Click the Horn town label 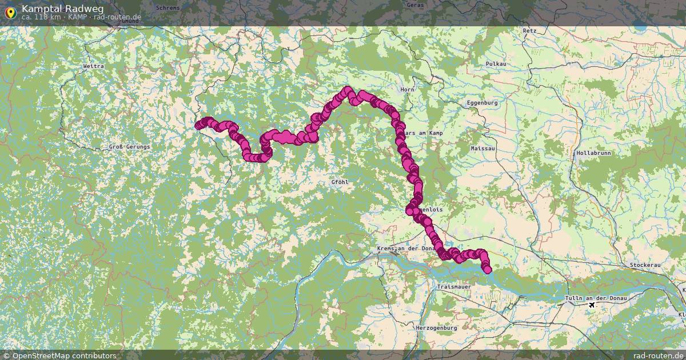coord(407,90)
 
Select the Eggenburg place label coord(482,103)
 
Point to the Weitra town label coord(93,66)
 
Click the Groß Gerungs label coord(129,147)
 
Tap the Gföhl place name coord(340,182)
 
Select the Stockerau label coord(645,266)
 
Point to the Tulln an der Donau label coord(596,298)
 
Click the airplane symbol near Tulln coord(592,305)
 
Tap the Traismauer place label coord(453,286)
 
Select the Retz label coord(529,31)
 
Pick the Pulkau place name coord(496,63)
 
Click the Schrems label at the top coord(167,8)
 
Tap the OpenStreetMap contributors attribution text coord(59,355)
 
